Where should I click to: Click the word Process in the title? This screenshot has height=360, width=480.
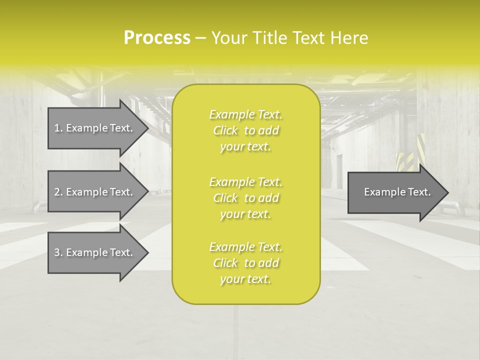(x=157, y=38)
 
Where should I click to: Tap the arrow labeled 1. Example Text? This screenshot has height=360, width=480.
(x=95, y=128)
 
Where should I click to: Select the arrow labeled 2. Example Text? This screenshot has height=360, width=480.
(x=95, y=192)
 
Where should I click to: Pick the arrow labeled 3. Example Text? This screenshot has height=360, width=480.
(x=95, y=252)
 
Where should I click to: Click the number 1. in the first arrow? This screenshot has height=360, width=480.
(x=58, y=128)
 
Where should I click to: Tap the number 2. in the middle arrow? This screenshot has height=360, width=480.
(x=58, y=192)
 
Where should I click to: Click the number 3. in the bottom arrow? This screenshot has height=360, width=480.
(x=58, y=252)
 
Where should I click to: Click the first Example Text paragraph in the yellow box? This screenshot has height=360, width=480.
(x=245, y=130)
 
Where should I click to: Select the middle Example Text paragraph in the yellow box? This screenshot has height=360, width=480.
(x=245, y=197)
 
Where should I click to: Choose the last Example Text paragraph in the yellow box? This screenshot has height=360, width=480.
(x=245, y=263)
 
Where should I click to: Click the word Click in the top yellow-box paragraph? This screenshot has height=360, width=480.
(x=225, y=131)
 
